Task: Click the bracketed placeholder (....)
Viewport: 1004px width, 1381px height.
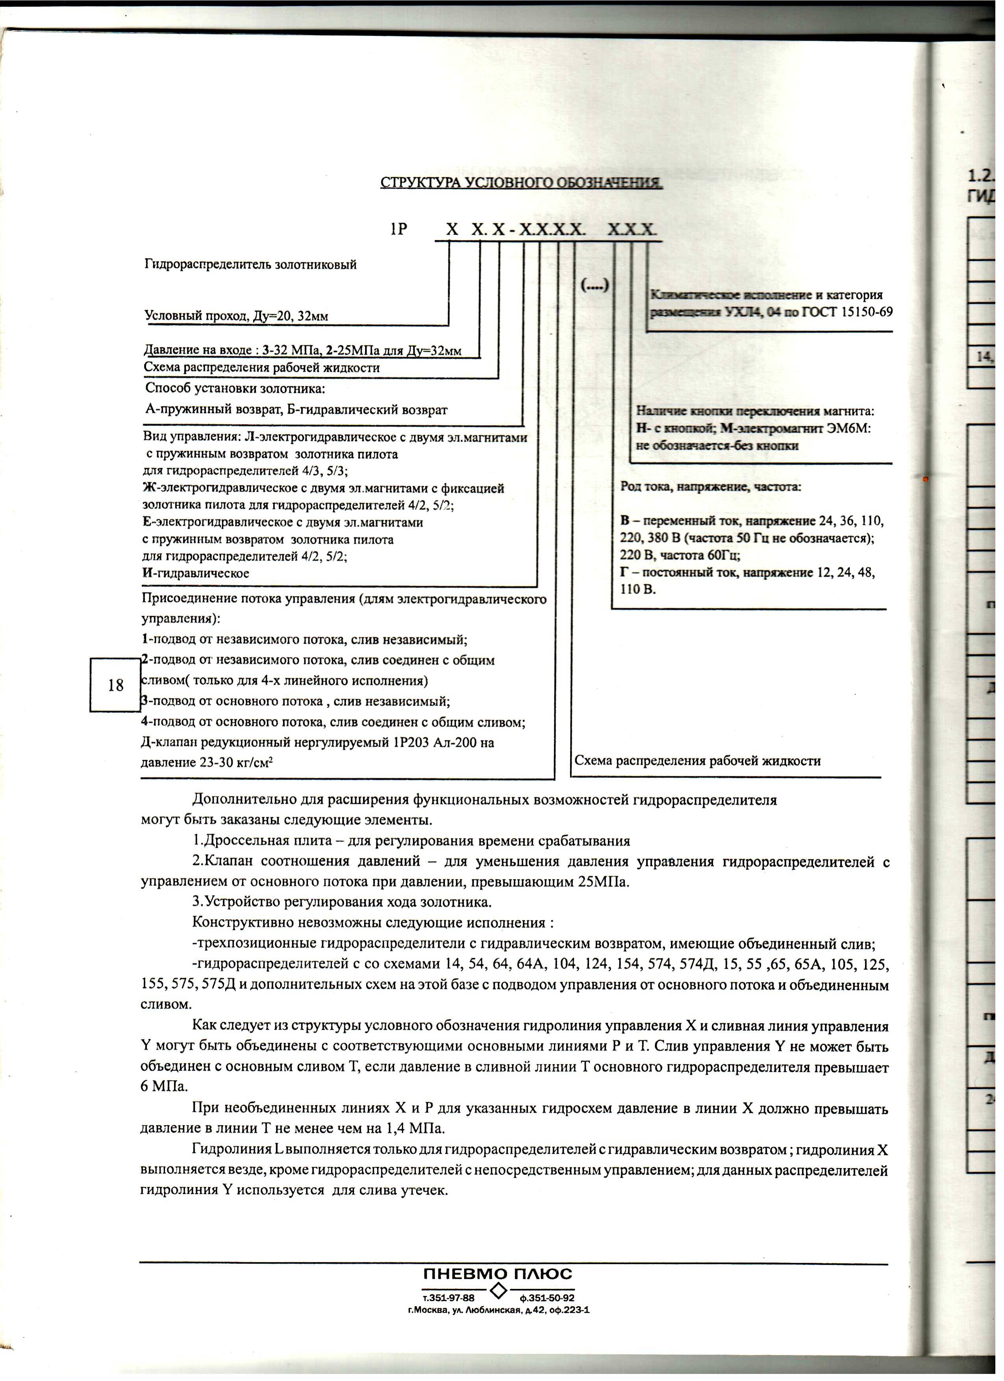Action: pos(595,285)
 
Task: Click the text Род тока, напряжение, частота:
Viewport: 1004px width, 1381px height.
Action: pos(711,487)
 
